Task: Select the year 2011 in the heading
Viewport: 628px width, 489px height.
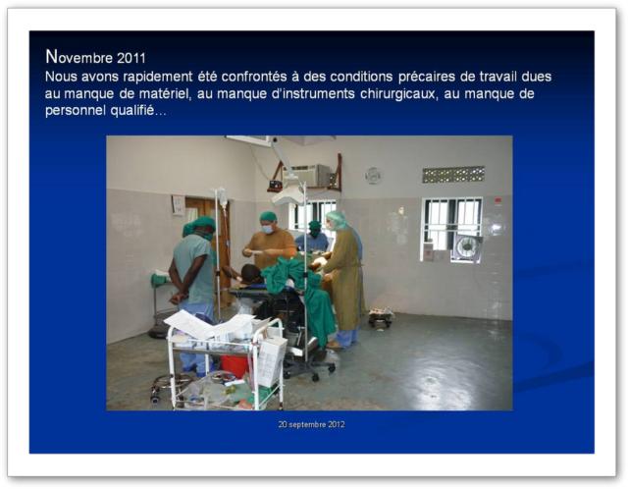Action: pyautogui.click(x=131, y=59)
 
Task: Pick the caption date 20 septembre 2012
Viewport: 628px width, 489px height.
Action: pyautogui.click(x=312, y=424)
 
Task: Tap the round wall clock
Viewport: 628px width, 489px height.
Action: pyautogui.click(x=373, y=175)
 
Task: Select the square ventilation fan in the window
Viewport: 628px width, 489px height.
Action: pyautogui.click(x=466, y=246)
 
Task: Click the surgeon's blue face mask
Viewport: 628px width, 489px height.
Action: pyautogui.click(x=267, y=229)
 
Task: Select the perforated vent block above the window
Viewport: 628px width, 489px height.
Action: pyautogui.click(x=453, y=175)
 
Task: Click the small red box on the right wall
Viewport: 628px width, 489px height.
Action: pyautogui.click(x=497, y=200)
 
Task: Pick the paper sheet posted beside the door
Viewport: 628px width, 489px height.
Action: pyautogui.click(x=178, y=205)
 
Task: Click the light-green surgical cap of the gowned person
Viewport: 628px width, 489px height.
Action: pyautogui.click(x=337, y=219)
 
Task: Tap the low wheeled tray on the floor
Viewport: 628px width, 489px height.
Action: pyautogui.click(x=381, y=316)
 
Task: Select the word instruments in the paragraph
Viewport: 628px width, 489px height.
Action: pyautogui.click(x=313, y=94)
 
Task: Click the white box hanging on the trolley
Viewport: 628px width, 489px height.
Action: pyautogui.click(x=271, y=359)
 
